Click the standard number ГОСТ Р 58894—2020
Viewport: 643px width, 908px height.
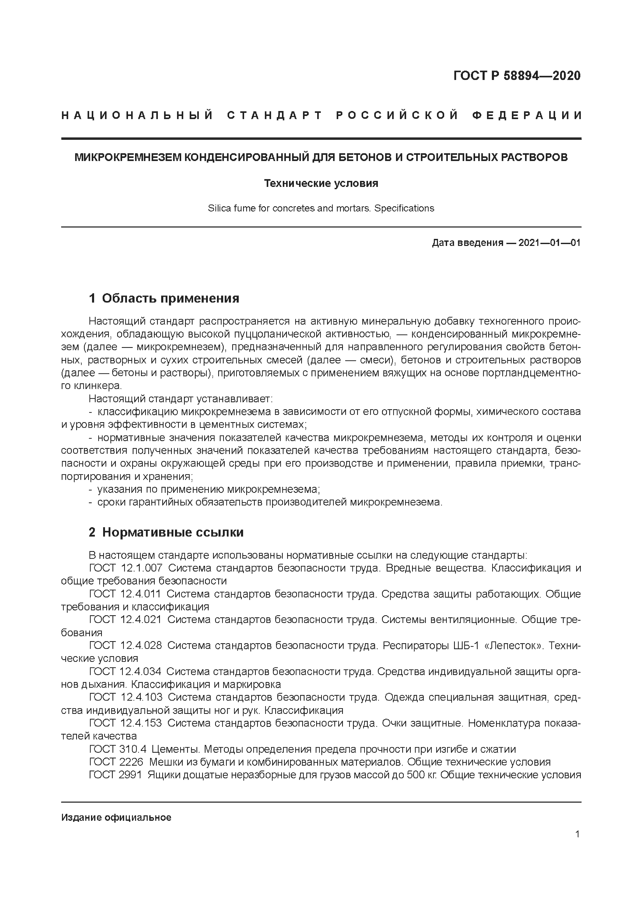coord(517,76)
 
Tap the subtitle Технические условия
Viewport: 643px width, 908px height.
coord(321,184)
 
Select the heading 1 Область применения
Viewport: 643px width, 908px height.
coord(164,298)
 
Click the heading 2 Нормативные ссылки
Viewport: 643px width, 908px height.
coord(166,532)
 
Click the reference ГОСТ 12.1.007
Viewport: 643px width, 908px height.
coord(125,568)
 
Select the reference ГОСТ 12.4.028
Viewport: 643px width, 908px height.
coord(125,645)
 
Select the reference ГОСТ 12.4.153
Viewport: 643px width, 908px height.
coord(125,723)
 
